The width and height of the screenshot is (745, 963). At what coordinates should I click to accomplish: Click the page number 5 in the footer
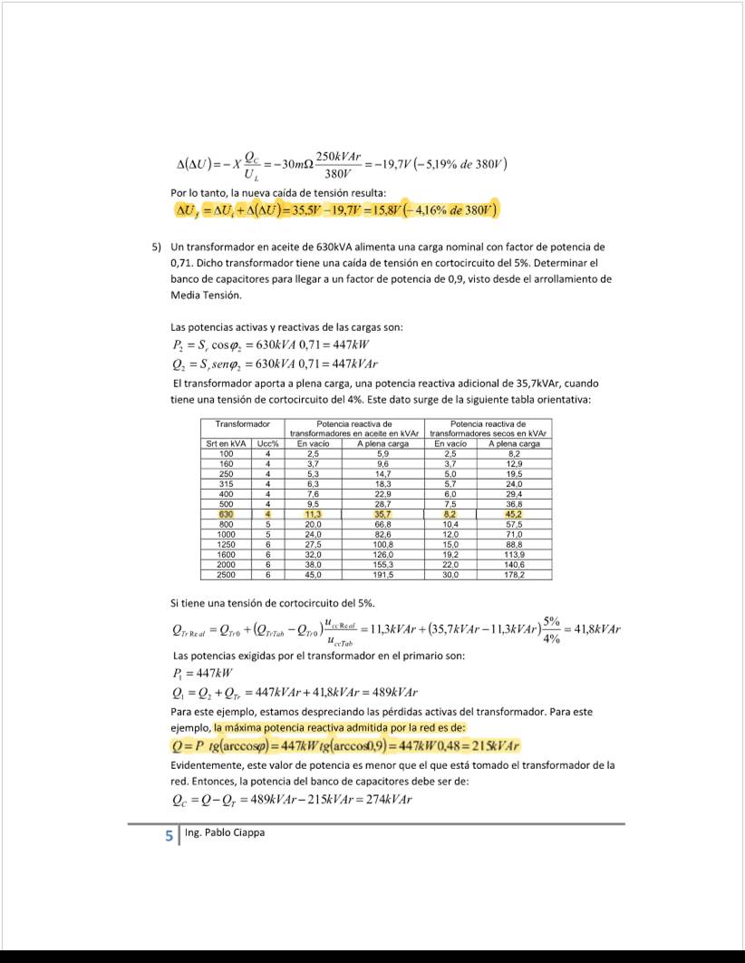pos(169,836)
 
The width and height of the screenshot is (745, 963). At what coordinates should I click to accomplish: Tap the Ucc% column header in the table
pos(267,443)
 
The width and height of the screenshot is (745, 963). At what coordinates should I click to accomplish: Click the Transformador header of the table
pos(243,424)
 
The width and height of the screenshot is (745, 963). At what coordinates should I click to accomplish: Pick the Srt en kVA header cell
pos(227,443)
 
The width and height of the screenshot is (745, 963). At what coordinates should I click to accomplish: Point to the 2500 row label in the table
pos(227,574)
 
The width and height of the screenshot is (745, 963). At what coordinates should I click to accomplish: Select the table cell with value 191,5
pos(382,574)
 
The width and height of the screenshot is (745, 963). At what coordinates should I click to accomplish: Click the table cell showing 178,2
pos(514,574)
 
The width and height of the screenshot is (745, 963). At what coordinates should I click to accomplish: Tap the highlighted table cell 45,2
pos(514,514)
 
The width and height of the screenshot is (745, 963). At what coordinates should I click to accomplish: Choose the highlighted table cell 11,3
pos(314,514)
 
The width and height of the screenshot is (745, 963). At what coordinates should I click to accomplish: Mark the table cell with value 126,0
pos(382,554)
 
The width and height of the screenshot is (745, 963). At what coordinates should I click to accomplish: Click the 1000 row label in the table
pos(227,534)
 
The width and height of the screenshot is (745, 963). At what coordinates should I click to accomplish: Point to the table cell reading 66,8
pos(382,524)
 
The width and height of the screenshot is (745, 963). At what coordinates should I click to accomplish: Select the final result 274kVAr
pos(382,800)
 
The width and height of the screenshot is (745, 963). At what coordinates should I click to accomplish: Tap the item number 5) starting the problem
pos(157,247)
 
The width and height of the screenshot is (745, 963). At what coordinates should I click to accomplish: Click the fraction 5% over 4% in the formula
pos(552,629)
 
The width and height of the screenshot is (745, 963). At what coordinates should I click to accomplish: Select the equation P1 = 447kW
pos(201,673)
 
